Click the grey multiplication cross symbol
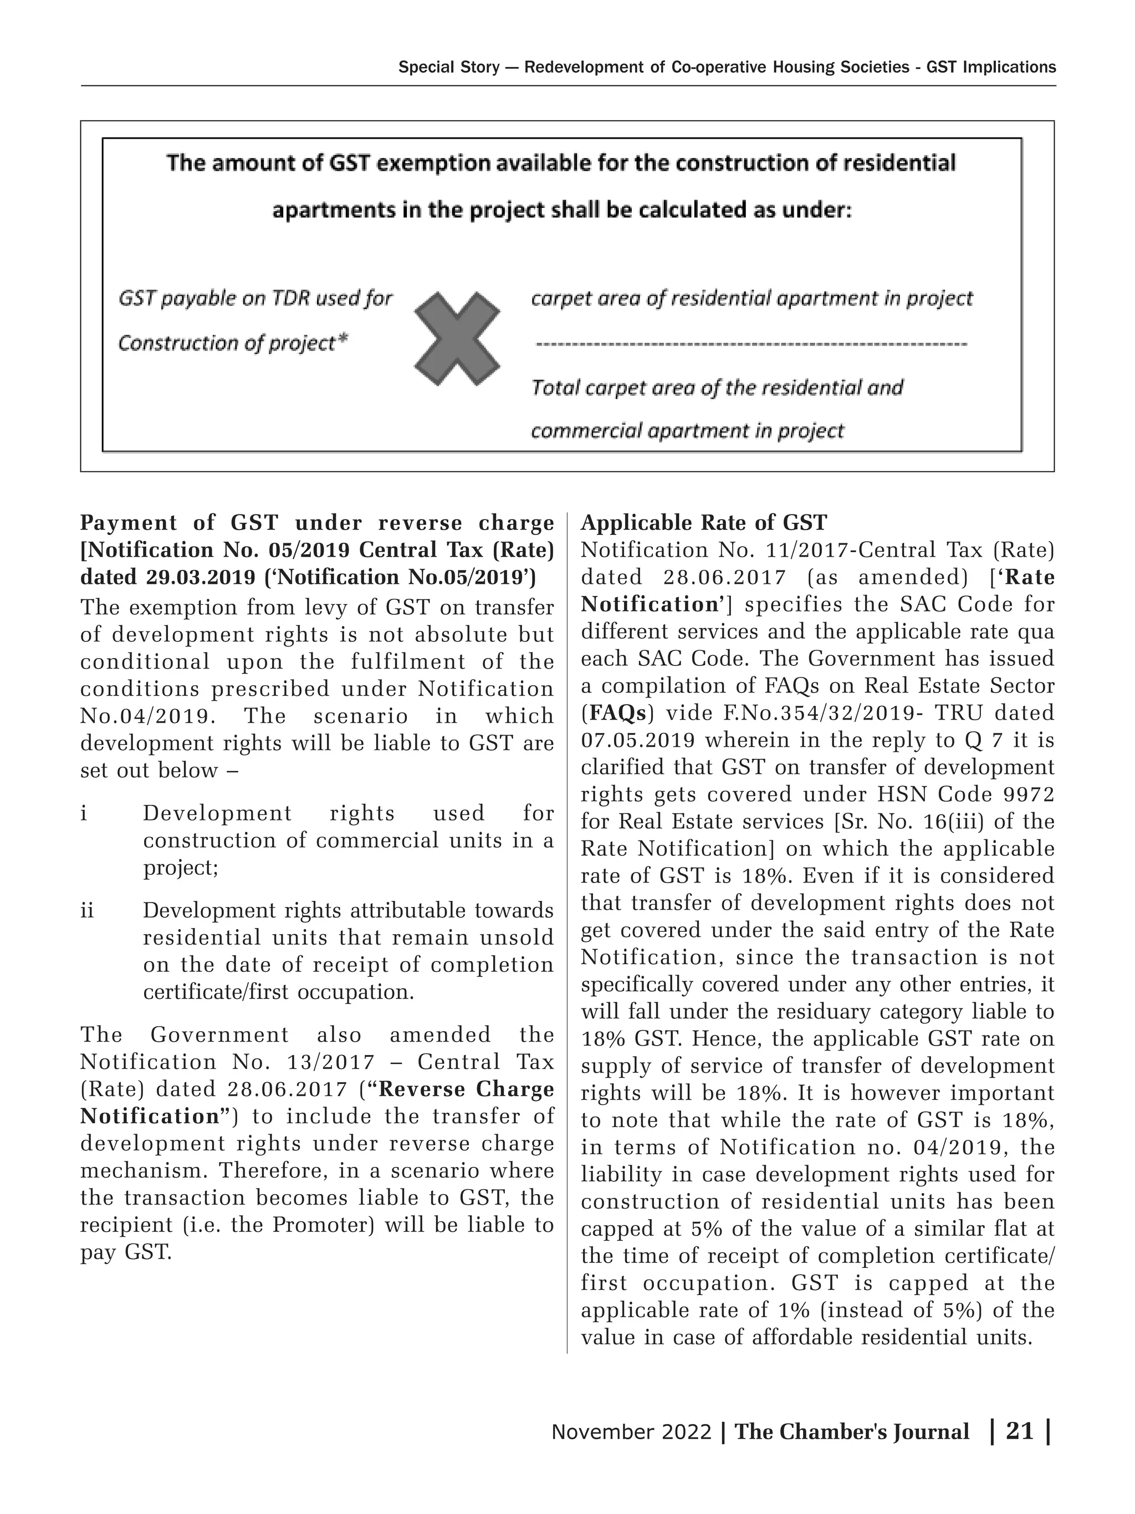[x=456, y=338]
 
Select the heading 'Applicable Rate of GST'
[x=703, y=523]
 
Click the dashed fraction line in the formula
[x=750, y=344]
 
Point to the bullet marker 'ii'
[x=87, y=911]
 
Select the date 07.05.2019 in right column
[x=638, y=741]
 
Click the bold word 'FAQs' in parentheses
[x=618, y=713]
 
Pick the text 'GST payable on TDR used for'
[x=255, y=298]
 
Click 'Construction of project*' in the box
[x=233, y=343]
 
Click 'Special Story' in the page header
[x=448, y=67]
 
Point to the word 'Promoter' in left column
[x=322, y=1225]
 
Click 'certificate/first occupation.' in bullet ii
[x=278, y=992]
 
